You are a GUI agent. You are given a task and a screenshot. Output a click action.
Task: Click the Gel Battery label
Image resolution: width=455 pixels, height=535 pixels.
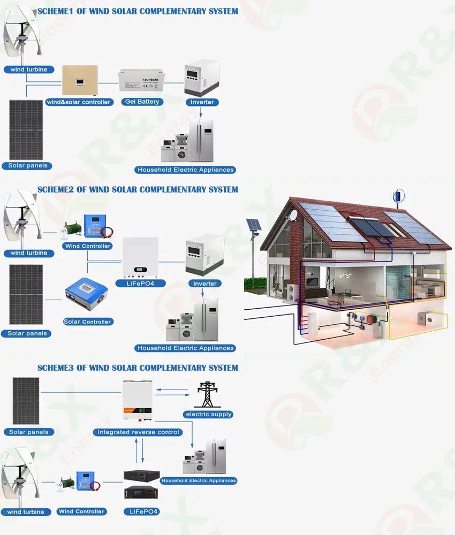[141, 102]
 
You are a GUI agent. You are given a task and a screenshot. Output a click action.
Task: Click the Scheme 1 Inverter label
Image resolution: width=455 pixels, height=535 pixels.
[202, 102]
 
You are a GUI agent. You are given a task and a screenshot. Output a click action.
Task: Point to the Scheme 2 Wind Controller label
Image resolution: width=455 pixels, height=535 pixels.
[87, 246]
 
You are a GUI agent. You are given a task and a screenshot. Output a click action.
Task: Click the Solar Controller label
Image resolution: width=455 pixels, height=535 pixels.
[87, 322]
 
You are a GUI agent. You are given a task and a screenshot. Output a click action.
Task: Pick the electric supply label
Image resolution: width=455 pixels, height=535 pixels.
[208, 415]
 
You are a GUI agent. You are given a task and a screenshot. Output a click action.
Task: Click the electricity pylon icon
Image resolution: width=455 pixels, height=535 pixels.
[208, 394]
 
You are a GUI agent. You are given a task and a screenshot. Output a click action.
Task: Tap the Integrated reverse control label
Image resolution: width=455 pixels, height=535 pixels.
[138, 432]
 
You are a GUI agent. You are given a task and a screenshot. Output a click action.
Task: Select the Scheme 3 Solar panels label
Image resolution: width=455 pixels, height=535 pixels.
[28, 432]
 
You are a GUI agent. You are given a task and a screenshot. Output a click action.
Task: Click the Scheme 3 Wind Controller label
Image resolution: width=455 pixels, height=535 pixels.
[81, 511]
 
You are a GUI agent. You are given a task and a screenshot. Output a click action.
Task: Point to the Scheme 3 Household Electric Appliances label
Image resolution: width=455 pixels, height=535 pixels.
[199, 480]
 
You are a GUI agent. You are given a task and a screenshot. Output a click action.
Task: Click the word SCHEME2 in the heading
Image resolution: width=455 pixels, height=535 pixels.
[56, 189]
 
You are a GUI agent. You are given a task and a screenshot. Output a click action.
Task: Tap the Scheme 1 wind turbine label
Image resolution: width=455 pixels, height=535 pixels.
[28, 70]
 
